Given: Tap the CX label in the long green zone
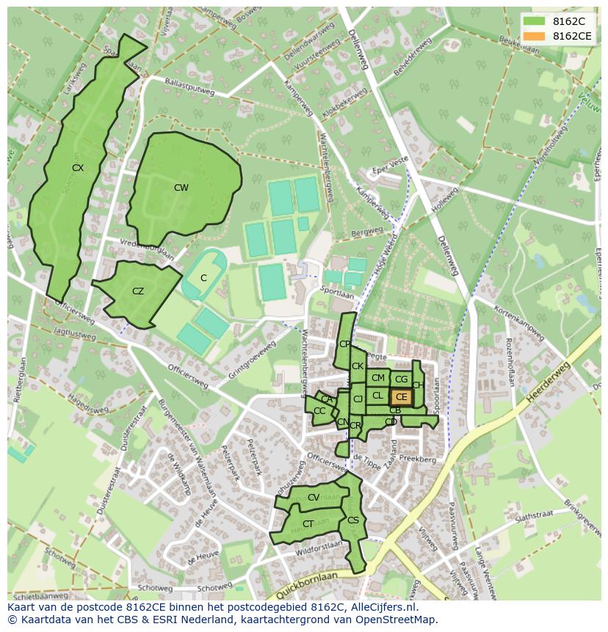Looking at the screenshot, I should click(x=78, y=168).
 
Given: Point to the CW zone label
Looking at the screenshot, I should click(x=181, y=188).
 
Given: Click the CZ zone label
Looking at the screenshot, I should click(x=138, y=291).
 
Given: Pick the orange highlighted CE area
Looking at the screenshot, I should click(x=401, y=397).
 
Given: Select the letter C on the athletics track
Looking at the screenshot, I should click(x=203, y=278).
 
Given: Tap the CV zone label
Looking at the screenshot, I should click(x=314, y=498).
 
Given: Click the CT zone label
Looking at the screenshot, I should click(x=308, y=524).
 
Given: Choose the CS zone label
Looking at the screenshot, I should click(x=353, y=520).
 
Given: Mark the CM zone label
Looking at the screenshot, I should click(x=377, y=378).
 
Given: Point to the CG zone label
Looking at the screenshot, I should click(x=401, y=379).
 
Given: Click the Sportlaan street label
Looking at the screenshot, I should click(x=337, y=291).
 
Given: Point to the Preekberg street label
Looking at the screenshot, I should click(x=418, y=460).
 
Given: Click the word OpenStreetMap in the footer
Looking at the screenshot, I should click(x=397, y=620).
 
